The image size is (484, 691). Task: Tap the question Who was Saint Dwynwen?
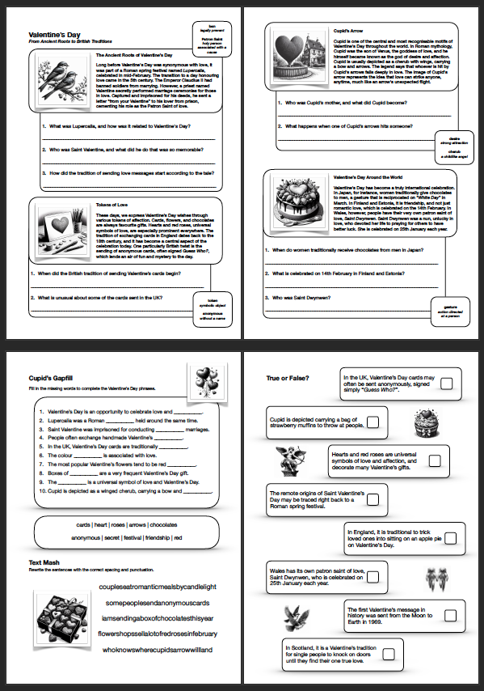(x=309, y=297)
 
